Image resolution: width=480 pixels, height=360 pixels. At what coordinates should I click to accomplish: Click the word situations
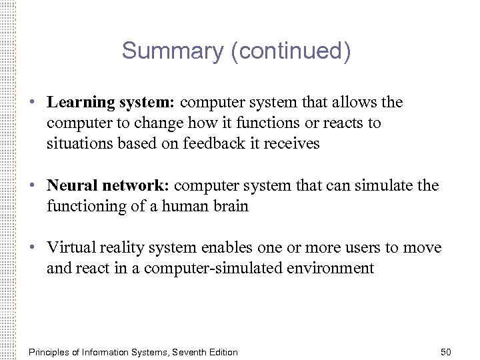pyautogui.click(x=75, y=143)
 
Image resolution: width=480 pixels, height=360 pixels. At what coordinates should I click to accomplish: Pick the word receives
pyautogui.click(x=294, y=143)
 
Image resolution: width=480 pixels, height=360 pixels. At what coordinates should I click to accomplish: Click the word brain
pyautogui.click(x=231, y=206)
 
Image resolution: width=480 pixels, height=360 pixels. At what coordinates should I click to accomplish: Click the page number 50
pyautogui.click(x=446, y=351)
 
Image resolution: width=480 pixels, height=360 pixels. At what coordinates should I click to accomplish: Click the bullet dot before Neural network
pyautogui.click(x=32, y=186)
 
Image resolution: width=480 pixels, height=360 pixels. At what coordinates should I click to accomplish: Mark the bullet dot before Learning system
pyautogui.click(x=32, y=103)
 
